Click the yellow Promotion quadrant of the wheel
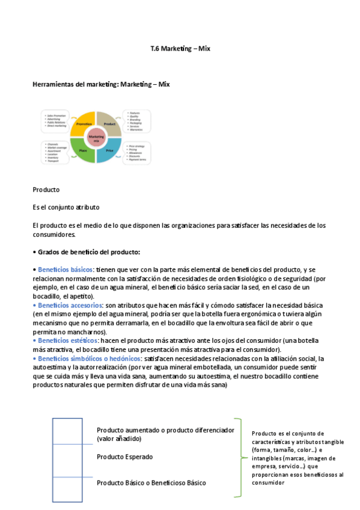84,123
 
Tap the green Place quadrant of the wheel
84,150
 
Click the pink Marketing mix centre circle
96,138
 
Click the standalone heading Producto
46,189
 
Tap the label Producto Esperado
124,457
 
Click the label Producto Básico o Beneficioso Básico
151,482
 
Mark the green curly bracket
240,457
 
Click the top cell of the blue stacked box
67,431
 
